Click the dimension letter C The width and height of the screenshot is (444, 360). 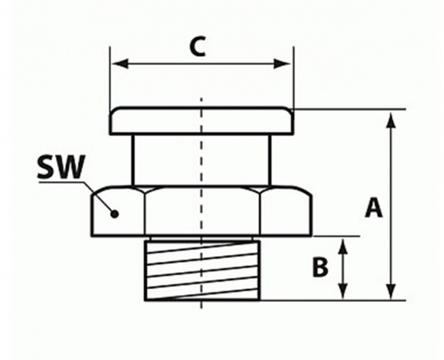click(x=196, y=46)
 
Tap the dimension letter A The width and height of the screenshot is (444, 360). click(x=374, y=208)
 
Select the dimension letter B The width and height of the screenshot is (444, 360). click(x=319, y=268)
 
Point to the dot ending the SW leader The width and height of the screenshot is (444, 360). click(x=115, y=214)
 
